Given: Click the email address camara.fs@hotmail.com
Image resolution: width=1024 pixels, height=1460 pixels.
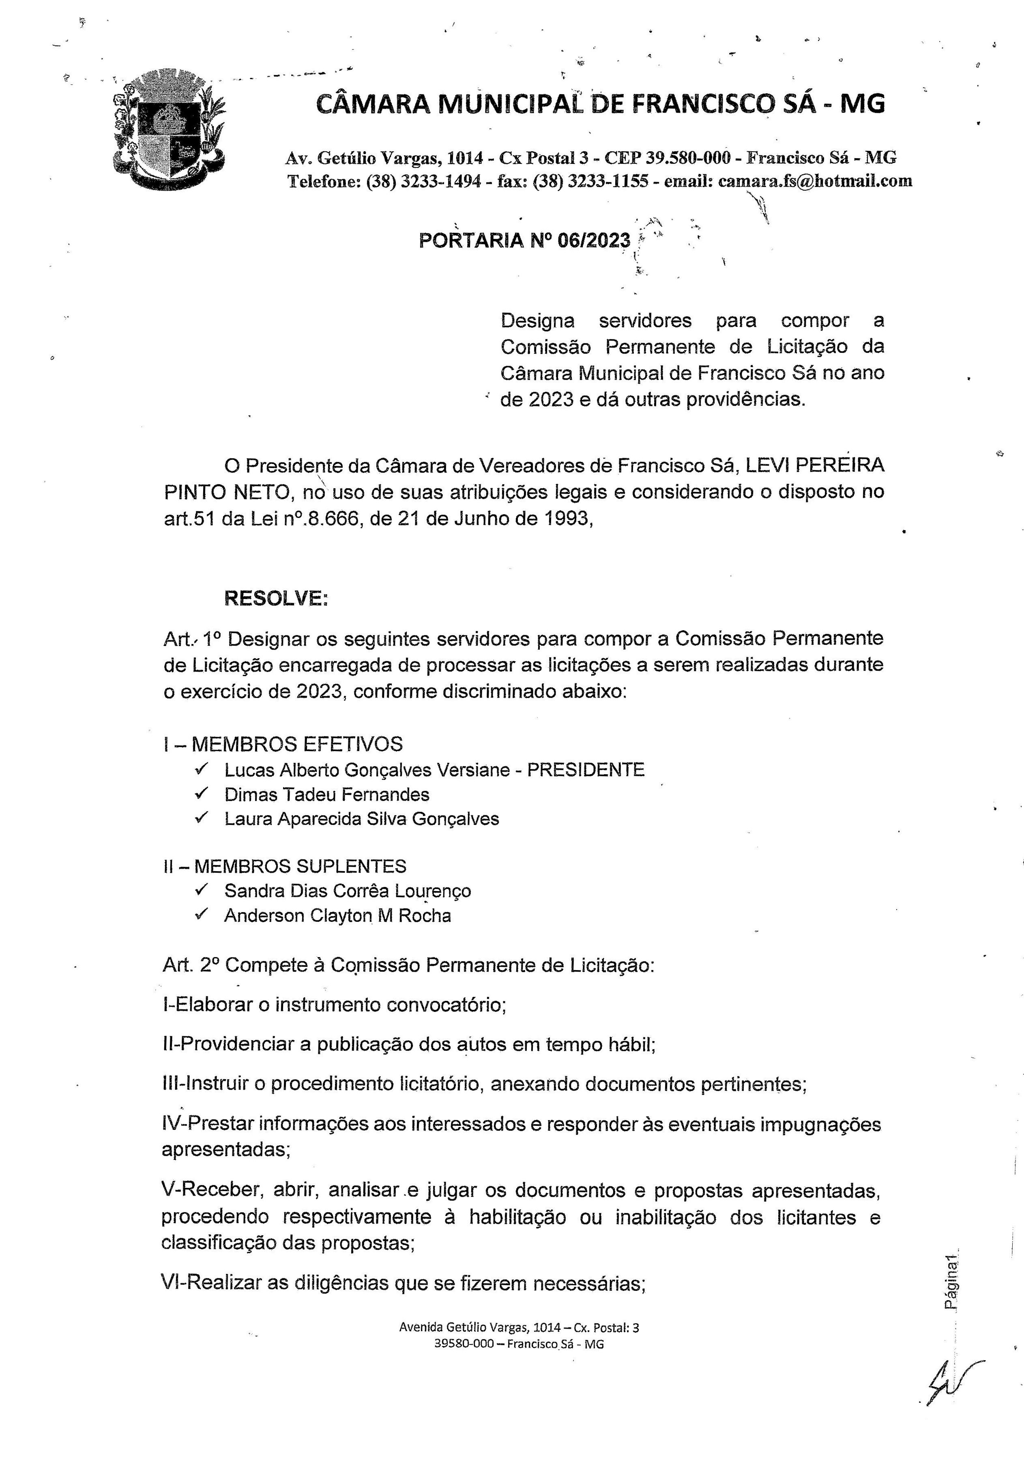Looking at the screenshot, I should (815, 181).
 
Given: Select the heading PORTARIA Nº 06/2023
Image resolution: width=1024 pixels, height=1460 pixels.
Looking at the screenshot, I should (525, 240).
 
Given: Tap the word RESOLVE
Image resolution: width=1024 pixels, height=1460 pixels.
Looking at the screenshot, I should (275, 598).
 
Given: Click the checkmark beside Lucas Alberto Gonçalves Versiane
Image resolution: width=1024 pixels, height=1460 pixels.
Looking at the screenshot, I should (202, 769).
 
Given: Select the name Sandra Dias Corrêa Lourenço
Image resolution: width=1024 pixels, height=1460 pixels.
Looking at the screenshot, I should (347, 891).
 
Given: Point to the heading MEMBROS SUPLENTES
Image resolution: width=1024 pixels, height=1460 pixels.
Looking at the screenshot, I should (300, 866).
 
